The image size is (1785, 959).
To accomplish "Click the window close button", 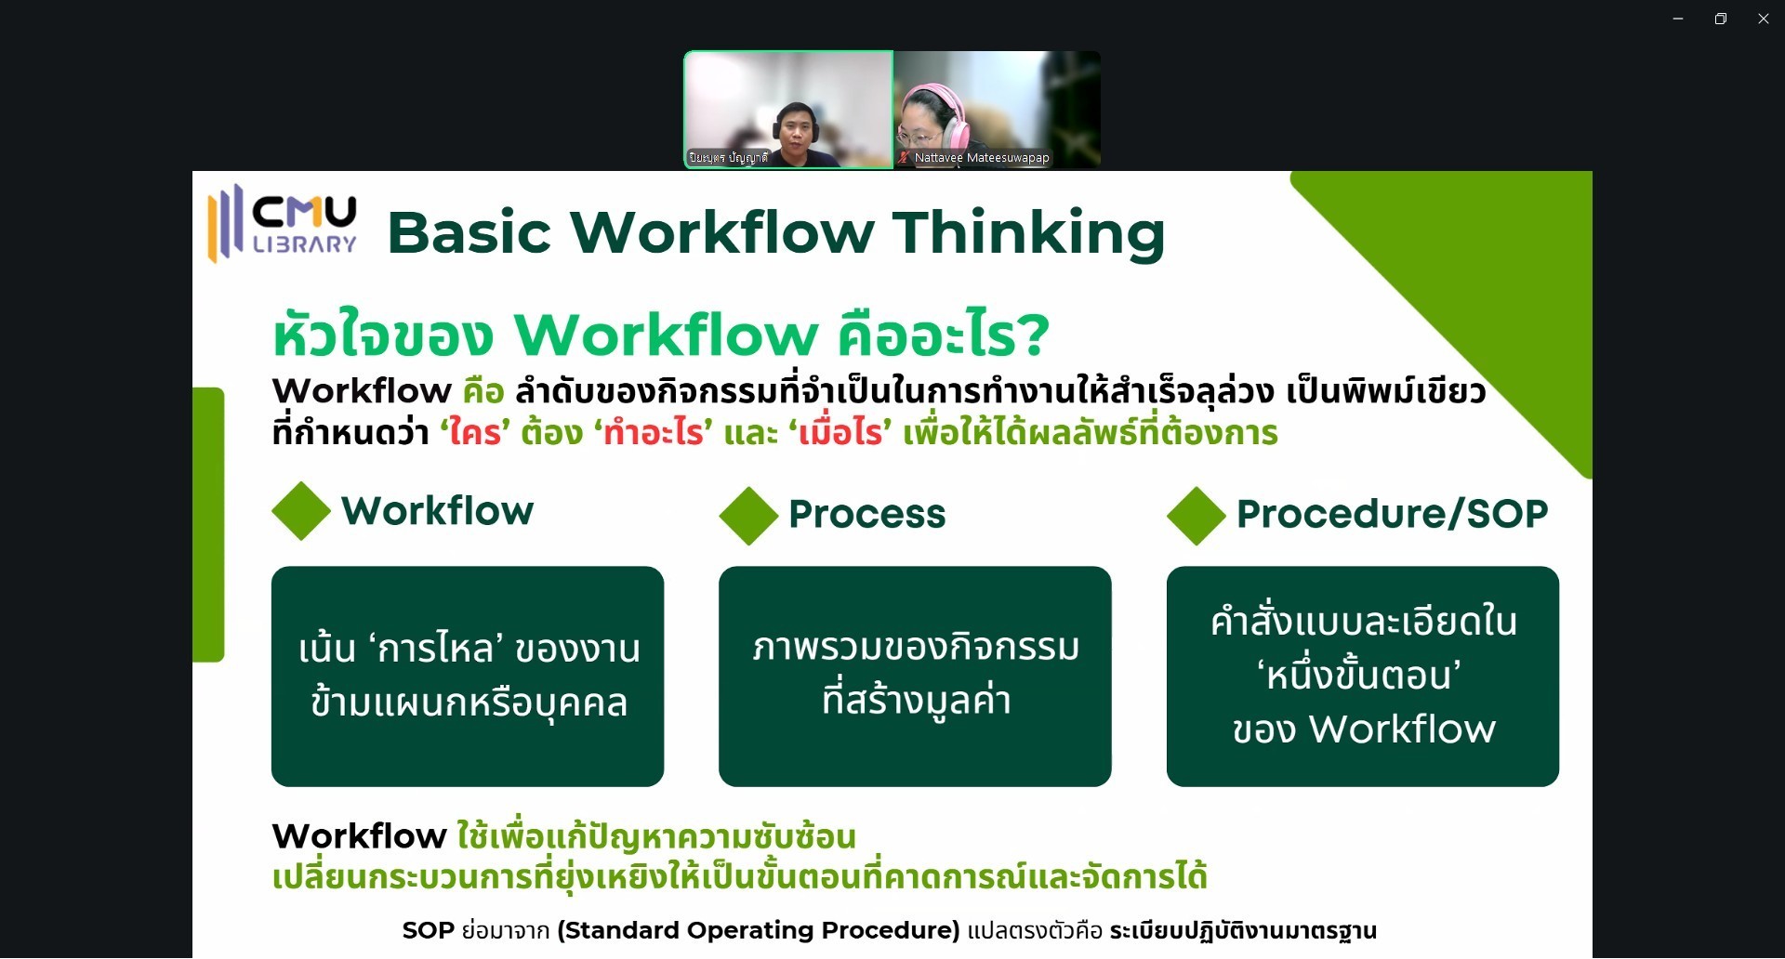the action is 1763,19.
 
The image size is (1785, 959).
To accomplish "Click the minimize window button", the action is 1678,19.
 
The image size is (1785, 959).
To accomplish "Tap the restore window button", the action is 1721,19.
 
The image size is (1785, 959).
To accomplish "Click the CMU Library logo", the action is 282,224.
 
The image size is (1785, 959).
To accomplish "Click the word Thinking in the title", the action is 1028,232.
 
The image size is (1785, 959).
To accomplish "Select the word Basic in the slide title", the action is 469,232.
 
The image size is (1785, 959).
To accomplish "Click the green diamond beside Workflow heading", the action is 301,511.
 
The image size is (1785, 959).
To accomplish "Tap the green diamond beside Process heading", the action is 748,516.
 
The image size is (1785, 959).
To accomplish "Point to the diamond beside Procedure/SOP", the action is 1197,516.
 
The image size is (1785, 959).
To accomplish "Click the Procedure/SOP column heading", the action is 1392,514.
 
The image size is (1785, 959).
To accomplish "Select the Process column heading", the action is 866,514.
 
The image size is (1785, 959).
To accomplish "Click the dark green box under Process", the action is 915,677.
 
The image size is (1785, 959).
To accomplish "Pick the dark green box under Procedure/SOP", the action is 1363,677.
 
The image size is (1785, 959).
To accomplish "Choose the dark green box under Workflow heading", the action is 468,677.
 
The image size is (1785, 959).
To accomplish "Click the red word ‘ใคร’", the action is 475,432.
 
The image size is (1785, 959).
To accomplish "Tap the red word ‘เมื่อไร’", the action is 840,432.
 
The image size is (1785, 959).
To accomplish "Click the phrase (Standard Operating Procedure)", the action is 759,930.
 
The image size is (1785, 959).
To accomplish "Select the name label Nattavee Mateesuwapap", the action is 982,158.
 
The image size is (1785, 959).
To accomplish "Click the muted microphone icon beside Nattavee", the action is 903,158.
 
